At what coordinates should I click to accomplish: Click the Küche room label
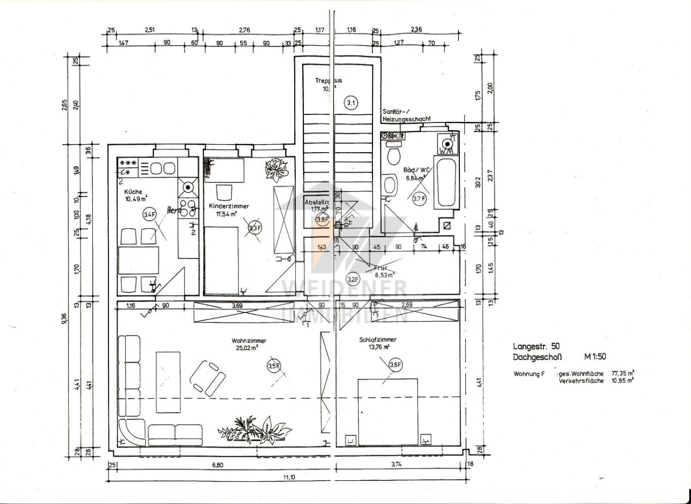133,192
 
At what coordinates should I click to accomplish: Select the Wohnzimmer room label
249,340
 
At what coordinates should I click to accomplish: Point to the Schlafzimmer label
378,340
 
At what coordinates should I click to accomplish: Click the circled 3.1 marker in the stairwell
351,103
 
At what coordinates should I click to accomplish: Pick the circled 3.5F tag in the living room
274,366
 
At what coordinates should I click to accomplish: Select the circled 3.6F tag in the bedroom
396,365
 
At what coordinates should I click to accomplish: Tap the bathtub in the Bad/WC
446,182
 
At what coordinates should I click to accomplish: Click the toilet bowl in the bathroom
394,155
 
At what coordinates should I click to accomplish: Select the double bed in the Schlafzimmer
388,411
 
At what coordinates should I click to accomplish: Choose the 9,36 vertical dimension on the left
64,319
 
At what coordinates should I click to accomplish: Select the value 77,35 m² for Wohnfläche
622,373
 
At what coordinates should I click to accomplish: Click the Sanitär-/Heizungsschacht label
406,114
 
